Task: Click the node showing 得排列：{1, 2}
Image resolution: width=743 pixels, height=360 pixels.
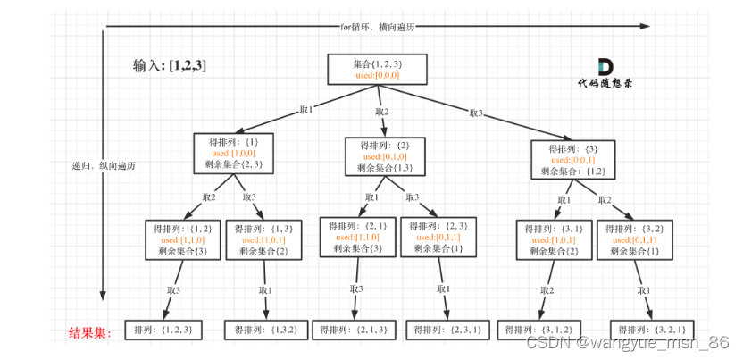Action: pyautogui.click(x=181, y=239)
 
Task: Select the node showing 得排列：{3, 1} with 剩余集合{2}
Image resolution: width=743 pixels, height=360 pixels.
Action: pyautogui.click(x=549, y=239)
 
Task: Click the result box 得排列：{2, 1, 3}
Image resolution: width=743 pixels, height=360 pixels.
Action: pyautogui.click(x=355, y=330)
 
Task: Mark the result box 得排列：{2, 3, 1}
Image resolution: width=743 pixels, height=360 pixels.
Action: pyautogui.click(x=446, y=330)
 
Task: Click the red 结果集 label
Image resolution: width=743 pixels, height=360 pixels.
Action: pyautogui.click(x=91, y=333)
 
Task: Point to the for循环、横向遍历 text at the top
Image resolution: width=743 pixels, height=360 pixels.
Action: pyautogui.click(x=377, y=27)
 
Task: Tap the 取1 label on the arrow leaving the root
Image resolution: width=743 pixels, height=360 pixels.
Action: pyautogui.click(x=306, y=109)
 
